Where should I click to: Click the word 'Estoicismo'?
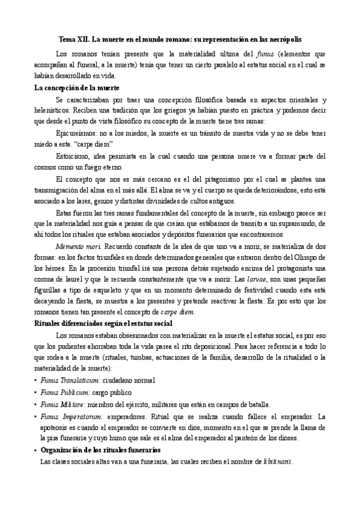click(73, 156)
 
